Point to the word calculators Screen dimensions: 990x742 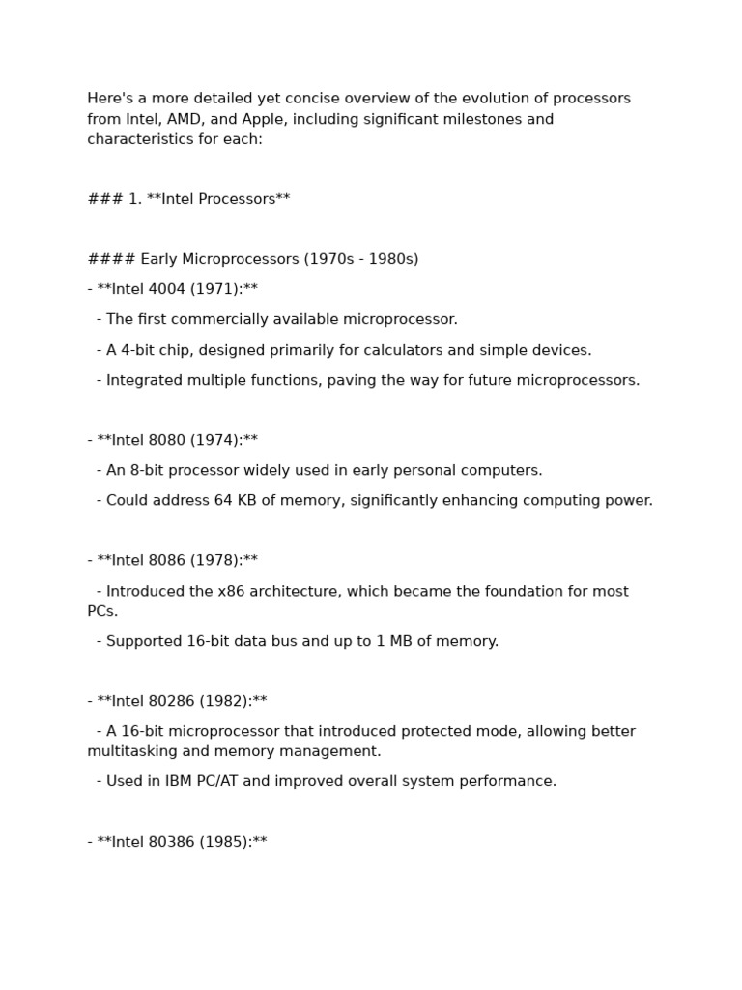point(426,350)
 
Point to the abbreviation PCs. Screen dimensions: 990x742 point(101,611)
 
